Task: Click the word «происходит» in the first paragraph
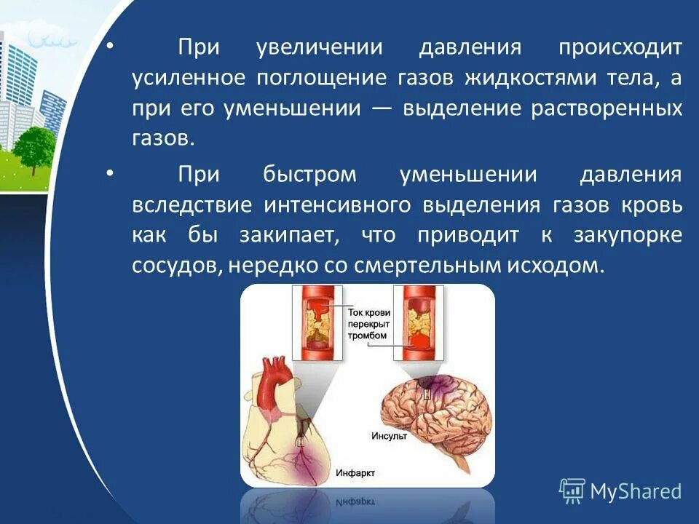tap(620, 48)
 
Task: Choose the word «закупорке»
tap(625, 236)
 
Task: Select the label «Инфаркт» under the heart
tap(355, 473)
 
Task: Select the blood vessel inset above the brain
tap(419, 322)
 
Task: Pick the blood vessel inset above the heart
tap(316, 322)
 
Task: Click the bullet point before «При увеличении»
tap(110, 48)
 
